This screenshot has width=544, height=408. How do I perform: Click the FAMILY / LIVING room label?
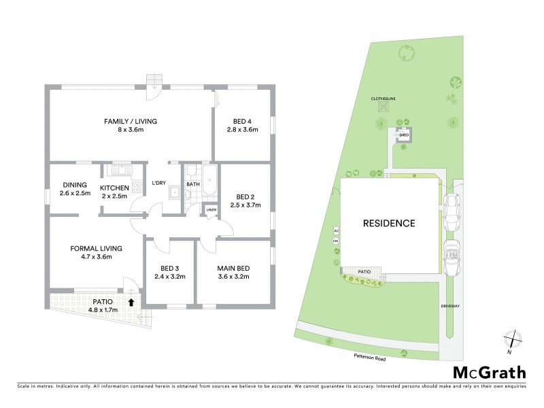tap(130, 121)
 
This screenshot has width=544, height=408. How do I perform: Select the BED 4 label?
tap(243, 121)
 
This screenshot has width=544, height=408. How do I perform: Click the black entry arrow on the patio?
tap(131, 302)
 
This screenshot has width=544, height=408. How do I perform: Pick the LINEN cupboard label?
tap(210, 210)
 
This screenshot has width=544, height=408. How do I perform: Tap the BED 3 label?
tap(170, 268)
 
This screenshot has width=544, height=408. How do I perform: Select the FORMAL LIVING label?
tap(95, 248)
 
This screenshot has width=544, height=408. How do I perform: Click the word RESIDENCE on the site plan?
tap(388, 222)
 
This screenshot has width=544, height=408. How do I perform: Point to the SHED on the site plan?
tap(404, 135)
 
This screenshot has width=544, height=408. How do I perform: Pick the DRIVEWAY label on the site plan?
tap(450, 306)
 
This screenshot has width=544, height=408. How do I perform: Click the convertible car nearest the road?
tap(451, 256)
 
